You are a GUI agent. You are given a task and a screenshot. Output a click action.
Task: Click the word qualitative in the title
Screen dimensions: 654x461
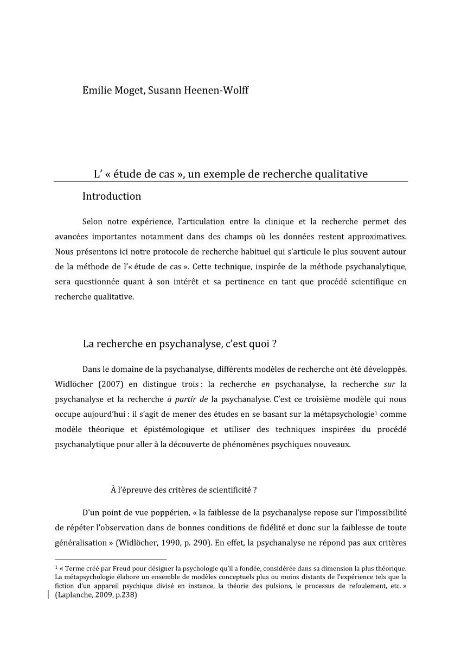tap(338, 174)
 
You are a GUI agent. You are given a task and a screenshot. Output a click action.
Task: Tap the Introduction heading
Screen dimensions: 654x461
tap(112, 196)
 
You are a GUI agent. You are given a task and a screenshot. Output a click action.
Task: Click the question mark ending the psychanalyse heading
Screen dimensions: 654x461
tap(275, 344)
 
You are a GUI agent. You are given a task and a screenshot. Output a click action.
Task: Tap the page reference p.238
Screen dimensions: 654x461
tap(125, 595)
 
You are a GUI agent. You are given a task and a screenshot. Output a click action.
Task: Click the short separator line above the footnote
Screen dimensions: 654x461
tap(111, 559)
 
